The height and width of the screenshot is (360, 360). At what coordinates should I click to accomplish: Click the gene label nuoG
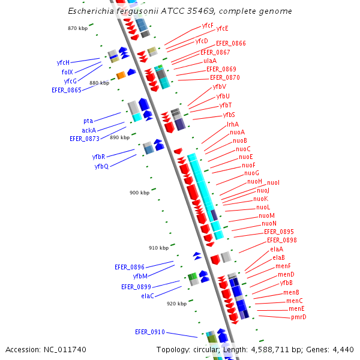(252, 173)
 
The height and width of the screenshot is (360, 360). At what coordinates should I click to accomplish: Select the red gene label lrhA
(233, 124)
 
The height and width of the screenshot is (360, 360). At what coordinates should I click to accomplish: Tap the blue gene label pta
(88, 121)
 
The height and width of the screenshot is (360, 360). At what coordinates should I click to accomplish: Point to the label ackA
(89, 130)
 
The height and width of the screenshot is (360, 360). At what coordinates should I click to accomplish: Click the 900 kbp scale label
(139, 193)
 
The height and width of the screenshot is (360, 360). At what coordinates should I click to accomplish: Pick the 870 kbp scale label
(77, 28)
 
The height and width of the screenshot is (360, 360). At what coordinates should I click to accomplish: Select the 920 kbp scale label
(176, 304)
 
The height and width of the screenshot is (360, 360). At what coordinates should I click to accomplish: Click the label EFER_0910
(149, 332)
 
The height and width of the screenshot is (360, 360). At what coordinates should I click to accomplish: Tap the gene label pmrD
(298, 317)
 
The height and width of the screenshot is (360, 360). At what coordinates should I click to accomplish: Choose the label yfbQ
(101, 166)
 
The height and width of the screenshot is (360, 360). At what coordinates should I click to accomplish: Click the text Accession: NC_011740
(46, 349)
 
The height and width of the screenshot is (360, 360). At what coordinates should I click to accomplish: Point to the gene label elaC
(148, 296)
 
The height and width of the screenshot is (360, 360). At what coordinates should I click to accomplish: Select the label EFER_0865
(67, 90)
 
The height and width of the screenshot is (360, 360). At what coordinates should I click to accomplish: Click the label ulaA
(210, 61)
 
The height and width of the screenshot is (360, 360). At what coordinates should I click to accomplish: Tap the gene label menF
(283, 266)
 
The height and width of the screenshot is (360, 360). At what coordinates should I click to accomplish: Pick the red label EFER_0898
(281, 240)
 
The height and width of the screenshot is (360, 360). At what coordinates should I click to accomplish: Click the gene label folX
(67, 72)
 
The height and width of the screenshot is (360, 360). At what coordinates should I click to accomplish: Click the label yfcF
(208, 25)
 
